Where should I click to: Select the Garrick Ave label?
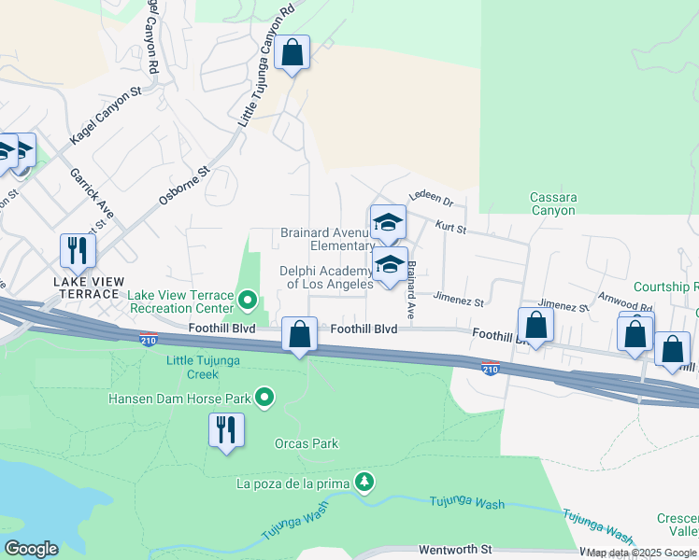click(x=93, y=194)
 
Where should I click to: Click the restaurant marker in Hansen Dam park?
click(x=225, y=430)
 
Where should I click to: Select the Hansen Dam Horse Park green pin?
click(x=264, y=399)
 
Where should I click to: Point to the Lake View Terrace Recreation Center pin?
click(x=248, y=301)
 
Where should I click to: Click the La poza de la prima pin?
click(x=364, y=482)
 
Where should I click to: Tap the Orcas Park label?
click(x=307, y=443)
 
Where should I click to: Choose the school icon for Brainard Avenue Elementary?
click(x=387, y=222)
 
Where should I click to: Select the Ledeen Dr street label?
click(x=430, y=201)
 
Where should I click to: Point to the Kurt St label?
click(x=449, y=228)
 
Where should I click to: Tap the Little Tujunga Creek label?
click(x=205, y=367)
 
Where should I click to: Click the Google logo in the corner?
click(x=31, y=549)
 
